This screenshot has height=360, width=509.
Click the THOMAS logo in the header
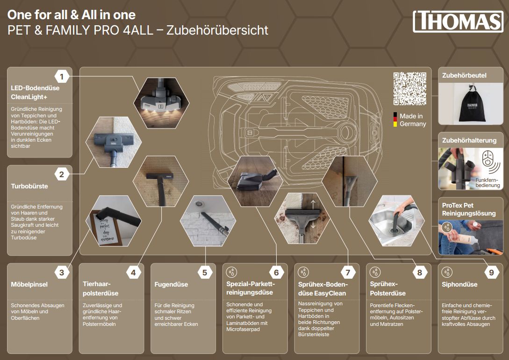point(458,22)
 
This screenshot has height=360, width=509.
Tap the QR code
point(409,89)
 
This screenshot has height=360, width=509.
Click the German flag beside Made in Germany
point(395,120)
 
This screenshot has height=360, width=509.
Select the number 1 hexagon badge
point(62,77)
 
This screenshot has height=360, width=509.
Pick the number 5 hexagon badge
point(205,273)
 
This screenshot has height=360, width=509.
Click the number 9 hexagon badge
point(491,273)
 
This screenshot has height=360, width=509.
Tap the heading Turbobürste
point(29,186)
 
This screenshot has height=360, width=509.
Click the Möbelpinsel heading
point(29,284)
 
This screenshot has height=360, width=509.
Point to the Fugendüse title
point(171,284)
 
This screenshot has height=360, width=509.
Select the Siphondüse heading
point(459,284)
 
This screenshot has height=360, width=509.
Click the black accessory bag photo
point(471,103)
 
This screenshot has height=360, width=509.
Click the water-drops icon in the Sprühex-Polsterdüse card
point(375,272)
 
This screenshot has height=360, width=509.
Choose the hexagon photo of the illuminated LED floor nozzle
point(161,102)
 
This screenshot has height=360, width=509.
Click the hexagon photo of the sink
point(396,221)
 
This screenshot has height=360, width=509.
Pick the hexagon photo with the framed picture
point(113,221)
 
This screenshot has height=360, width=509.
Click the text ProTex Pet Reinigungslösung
point(469,209)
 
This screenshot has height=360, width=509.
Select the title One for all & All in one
point(72,14)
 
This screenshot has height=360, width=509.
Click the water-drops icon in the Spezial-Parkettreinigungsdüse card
point(232,272)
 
